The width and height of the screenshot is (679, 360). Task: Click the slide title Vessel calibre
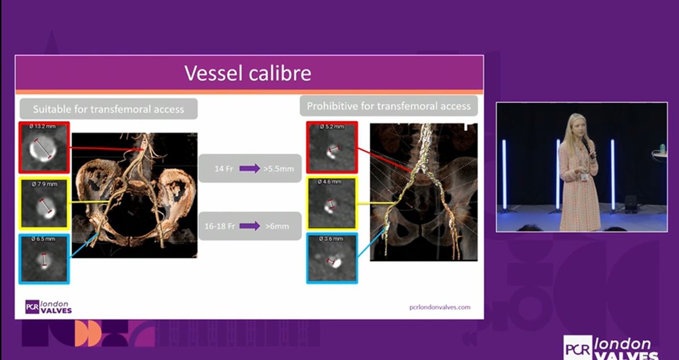248,74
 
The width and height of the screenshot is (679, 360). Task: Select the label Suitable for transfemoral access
108,109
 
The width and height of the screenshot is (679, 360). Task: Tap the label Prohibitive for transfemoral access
389,106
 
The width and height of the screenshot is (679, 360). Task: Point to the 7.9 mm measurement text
40,183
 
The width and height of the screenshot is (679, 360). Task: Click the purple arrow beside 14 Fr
250,168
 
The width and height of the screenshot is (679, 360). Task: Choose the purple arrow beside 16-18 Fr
250,226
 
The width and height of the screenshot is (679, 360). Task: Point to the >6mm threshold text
277,226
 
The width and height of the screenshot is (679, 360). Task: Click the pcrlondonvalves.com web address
440,307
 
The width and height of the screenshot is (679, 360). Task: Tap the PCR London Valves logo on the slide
49,307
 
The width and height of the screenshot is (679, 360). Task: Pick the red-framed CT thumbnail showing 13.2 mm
44,147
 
